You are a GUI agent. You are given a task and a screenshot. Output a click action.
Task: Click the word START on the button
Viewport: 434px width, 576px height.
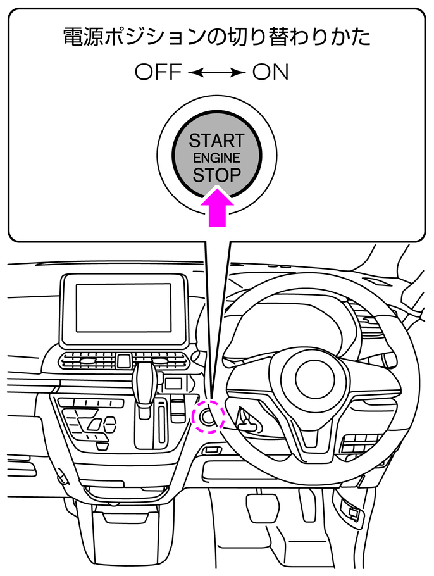pyautogui.click(x=216, y=141)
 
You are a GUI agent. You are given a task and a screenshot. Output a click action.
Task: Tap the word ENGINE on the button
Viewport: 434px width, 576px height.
pyautogui.click(x=216, y=158)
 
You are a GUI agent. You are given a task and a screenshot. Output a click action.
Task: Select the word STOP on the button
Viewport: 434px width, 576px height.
pyautogui.click(x=216, y=175)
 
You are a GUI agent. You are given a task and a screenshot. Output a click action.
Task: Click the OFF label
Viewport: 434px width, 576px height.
pyautogui.click(x=158, y=72)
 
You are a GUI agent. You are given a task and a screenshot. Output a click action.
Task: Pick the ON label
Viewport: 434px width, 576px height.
pyautogui.click(x=270, y=72)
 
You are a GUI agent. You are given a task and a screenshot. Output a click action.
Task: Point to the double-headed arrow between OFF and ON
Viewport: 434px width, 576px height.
pyautogui.click(x=217, y=72)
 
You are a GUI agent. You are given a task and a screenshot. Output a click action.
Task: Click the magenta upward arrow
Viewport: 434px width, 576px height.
pyautogui.click(x=218, y=208)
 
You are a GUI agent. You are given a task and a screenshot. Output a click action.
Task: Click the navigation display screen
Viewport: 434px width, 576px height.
pyautogui.click(x=124, y=308)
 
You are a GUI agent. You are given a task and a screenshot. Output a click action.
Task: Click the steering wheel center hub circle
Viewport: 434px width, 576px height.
pyautogui.click(x=314, y=379)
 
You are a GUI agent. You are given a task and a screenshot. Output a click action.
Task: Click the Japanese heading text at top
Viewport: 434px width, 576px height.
pyautogui.click(x=216, y=37)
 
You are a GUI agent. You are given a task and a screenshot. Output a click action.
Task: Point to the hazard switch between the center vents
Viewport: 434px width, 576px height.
pyautogui.click(x=123, y=361)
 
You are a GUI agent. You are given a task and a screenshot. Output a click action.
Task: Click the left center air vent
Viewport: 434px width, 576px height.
pyautogui.click(x=87, y=360)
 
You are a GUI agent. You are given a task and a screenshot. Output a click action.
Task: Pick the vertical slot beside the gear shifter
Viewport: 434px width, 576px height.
pyautogui.click(x=161, y=422)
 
